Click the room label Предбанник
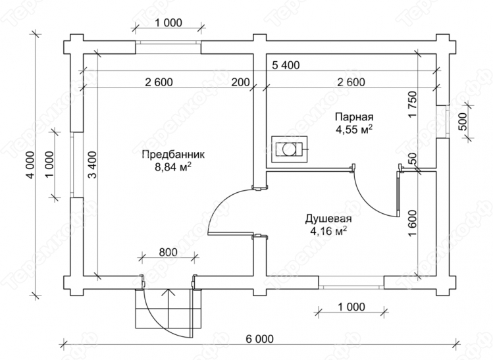coord(173,155)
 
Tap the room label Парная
coord(354,116)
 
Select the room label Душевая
coord(328,219)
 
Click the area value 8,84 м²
coord(173,167)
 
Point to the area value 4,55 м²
coord(354,129)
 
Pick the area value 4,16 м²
coord(328,231)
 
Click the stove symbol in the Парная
coord(290,149)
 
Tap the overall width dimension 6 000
coord(260,339)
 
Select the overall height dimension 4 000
coord(30,165)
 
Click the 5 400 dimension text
coord(286,65)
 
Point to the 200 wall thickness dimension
coord(240,82)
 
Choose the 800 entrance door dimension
coord(169,252)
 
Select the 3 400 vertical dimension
coord(92,165)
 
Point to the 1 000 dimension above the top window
coord(169,23)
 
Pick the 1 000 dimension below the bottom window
coord(351,307)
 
